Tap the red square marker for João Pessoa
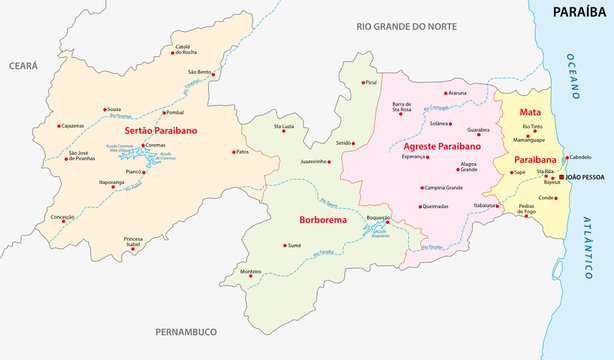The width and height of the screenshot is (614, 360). tap(561, 177)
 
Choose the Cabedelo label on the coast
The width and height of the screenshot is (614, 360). tap(581, 157)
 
